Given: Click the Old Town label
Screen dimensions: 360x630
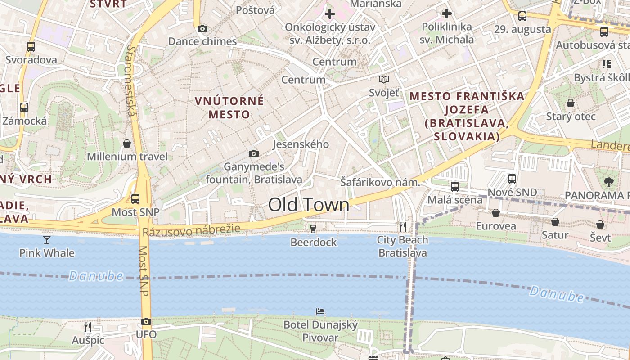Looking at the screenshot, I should click(309, 205).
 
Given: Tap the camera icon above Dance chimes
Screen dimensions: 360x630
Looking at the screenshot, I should click(202, 29).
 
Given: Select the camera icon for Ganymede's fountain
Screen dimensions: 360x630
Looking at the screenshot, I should click(254, 154).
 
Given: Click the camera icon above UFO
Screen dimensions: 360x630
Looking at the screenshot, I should click(146, 321).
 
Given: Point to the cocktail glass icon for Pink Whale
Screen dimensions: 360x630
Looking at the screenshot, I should click(47, 239).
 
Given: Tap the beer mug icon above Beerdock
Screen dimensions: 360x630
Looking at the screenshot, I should click(313, 229).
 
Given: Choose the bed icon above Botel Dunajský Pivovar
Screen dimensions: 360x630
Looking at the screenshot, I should click(320, 311).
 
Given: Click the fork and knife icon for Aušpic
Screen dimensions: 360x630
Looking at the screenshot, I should click(88, 327).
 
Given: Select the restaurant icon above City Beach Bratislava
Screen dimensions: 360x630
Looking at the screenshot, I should click(403, 226).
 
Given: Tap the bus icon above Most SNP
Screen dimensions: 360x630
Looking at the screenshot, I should click(135, 198).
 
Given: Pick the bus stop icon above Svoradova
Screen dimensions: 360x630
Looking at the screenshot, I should click(31, 46).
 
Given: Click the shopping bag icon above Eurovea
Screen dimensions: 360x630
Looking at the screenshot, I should click(496, 213).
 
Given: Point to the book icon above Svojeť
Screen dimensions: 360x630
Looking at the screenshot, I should click(383, 80).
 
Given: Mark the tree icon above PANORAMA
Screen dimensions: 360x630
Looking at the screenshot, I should click(609, 182).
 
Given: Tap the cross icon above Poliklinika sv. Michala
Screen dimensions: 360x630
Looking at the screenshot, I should click(446, 13).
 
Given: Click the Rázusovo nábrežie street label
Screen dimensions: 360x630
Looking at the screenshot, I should click(192, 231).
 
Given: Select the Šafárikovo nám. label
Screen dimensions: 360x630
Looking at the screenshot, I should click(380, 183).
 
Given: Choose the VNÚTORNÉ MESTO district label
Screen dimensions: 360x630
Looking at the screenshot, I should click(229, 108).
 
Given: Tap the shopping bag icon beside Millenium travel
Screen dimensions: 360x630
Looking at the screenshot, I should click(127, 144).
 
